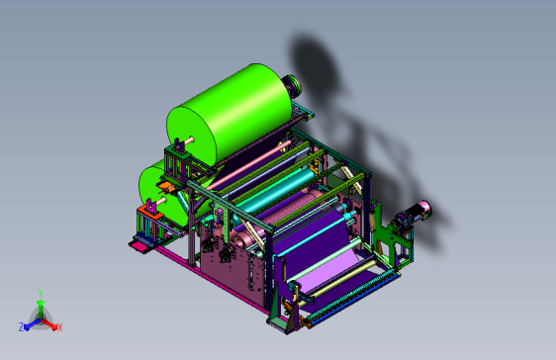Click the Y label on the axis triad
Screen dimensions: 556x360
click(41, 294)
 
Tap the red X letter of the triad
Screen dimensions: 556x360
click(60, 327)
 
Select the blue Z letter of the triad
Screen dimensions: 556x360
click(22, 327)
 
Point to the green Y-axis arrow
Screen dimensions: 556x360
click(41, 309)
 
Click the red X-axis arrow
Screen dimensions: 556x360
click(49, 324)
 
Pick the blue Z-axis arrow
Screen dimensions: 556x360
click(33, 324)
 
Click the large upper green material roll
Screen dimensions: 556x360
click(230, 114)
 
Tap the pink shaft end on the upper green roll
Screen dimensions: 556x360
click(189, 140)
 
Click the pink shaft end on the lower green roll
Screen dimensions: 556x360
click(161, 201)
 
